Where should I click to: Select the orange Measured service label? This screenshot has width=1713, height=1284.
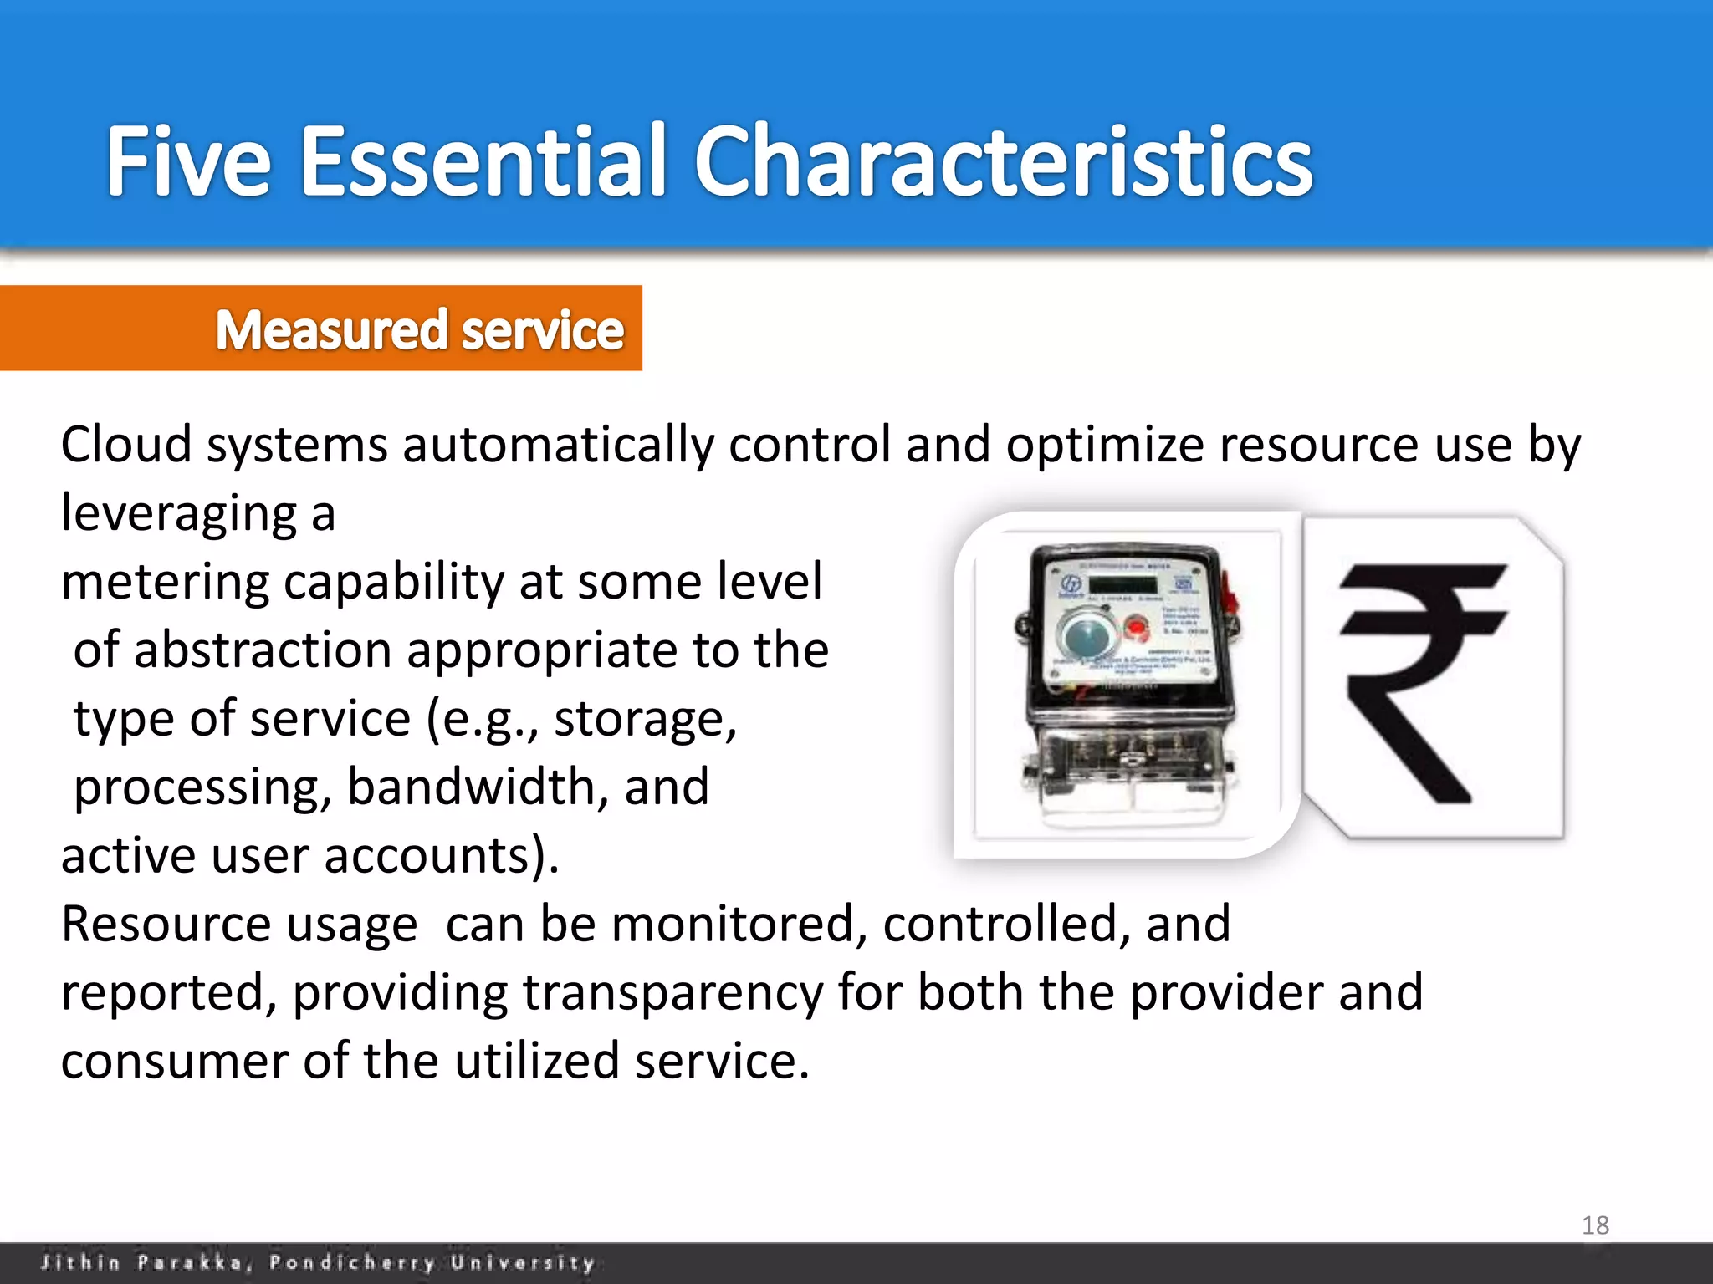click(x=418, y=329)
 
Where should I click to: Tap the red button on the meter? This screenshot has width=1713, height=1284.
click(x=1135, y=626)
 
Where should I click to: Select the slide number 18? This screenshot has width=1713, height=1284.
click(x=1595, y=1225)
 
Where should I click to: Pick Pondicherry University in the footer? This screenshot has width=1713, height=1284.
click(x=432, y=1262)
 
